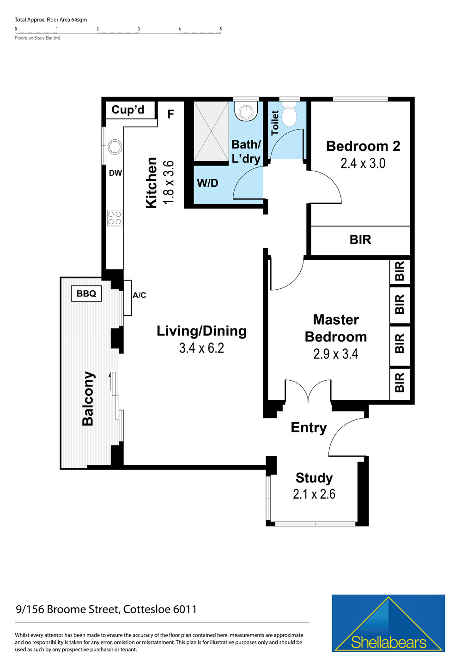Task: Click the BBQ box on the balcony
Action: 86,293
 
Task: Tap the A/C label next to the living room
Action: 139,295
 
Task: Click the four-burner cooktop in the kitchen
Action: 115,218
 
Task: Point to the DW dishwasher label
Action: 115,173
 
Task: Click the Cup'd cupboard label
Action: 128,110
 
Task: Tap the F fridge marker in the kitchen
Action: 170,114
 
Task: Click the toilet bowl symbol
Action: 289,116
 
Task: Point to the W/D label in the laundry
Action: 207,183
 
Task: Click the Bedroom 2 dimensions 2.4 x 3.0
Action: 363,163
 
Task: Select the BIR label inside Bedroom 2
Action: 360,240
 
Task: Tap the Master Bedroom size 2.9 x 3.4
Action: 335,354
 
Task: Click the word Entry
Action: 309,428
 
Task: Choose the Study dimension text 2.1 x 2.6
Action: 314,494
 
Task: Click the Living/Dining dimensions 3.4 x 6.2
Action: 201,348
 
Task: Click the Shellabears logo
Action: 388,623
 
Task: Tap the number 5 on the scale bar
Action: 221,29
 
